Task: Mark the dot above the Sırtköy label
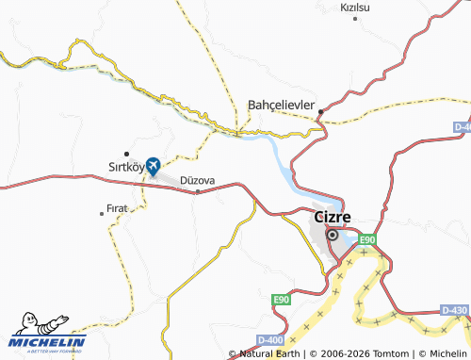(x=126, y=153)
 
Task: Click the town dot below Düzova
(x=197, y=192)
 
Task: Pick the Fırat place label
(x=117, y=208)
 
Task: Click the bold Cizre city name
(x=332, y=217)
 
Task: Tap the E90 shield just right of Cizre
(x=366, y=239)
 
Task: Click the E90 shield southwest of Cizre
(x=281, y=300)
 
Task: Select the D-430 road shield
(x=454, y=310)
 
